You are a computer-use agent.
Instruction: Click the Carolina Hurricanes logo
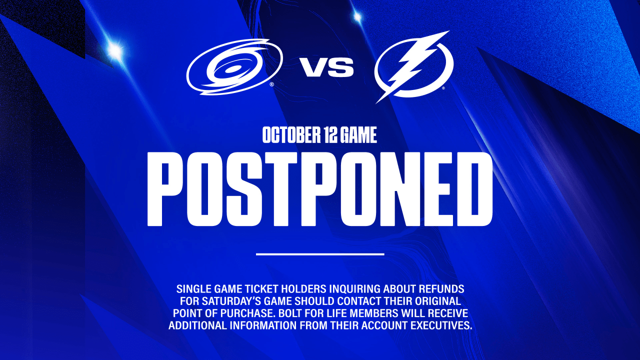[235, 67]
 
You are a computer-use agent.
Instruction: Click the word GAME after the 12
[359, 135]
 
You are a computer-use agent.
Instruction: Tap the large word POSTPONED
[319, 189]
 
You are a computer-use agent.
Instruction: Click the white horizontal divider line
[320, 253]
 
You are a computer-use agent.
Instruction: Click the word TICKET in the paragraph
[261, 289]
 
